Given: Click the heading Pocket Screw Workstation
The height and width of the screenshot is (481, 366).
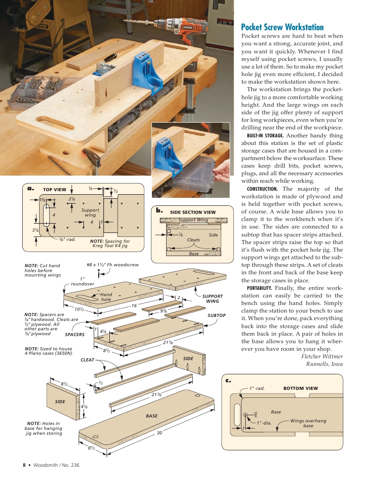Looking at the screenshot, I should (x=282, y=27).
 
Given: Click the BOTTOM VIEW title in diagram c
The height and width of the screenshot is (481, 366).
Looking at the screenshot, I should (x=300, y=388).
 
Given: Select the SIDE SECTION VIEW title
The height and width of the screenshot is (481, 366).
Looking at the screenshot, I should (x=193, y=212).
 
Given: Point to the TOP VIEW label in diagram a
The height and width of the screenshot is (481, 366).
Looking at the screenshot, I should (x=54, y=189).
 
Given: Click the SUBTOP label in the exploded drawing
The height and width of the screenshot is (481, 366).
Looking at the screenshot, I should (x=217, y=315).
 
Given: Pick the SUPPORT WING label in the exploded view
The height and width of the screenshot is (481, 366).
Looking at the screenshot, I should (x=212, y=299).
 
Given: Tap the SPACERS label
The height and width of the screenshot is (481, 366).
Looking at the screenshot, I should (x=75, y=334).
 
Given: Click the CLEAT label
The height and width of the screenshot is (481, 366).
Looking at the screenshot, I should (x=87, y=360).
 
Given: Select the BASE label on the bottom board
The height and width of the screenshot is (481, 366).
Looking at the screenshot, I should (x=151, y=416).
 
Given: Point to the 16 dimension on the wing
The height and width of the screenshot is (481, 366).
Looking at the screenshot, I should (x=134, y=306).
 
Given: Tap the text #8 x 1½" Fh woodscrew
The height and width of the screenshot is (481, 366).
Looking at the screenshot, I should (x=113, y=265).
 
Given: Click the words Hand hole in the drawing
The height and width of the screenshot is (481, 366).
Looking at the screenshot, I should (x=106, y=297).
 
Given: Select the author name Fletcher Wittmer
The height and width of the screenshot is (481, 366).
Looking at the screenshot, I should (x=322, y=356).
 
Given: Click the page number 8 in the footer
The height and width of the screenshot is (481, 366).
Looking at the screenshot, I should (x=24, y=465).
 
